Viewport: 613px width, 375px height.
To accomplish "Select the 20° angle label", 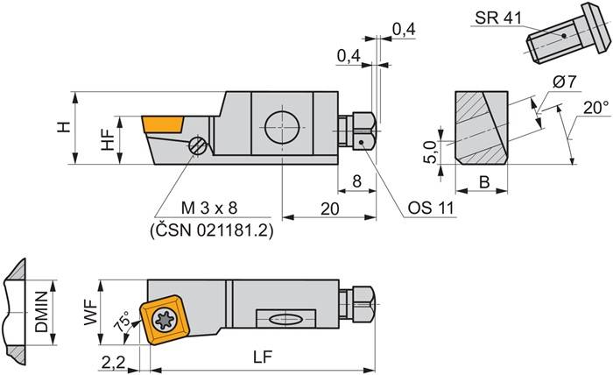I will click(595, 108).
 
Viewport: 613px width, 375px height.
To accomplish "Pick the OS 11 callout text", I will click(432, 209).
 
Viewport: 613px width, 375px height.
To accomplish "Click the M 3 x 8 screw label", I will click(208, 209).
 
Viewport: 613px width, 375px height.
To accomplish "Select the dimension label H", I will click(63, 128).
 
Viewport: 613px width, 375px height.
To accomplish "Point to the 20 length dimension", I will click(328, 209).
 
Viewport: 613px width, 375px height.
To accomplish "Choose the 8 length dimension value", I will click(356, 181).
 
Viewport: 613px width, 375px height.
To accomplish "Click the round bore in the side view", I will click(282, 125).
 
